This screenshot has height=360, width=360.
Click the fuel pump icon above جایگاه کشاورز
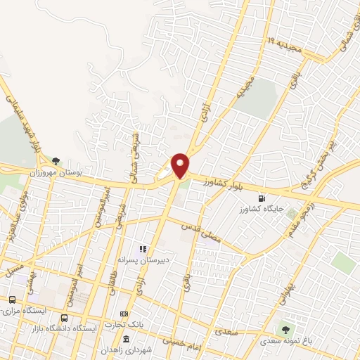[x=262, y=198]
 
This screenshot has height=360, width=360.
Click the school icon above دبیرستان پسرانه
[x=142, y=248]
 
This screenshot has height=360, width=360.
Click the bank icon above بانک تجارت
[x=124, y=314]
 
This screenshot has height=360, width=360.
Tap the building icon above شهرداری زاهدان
[x=126, y=340]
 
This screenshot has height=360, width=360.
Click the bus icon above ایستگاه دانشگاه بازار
[x=65, y=319]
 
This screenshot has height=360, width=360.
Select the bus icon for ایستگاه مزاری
[x=11, y=300]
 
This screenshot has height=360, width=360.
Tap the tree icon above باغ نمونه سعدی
[x=285, y=329]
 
